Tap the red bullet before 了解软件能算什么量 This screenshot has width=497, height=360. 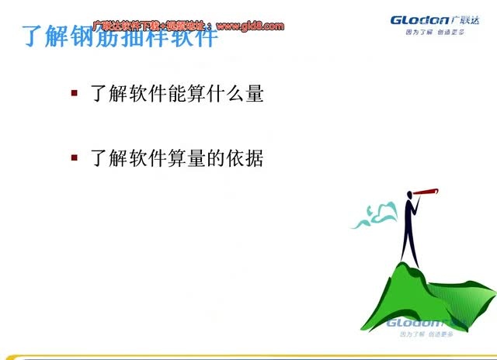[x=75, y=93]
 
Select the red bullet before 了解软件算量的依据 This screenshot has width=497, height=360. [x=75, y=157]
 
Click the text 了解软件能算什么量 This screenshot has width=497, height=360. [x=177, y=94]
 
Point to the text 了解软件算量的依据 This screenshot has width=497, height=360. [x=177, y=158]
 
